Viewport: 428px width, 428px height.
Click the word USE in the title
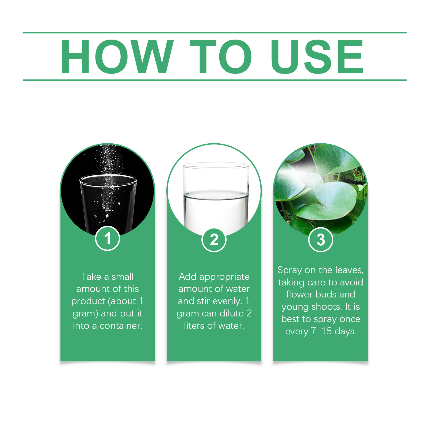[317, 56]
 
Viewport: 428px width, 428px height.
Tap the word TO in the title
[221, 56]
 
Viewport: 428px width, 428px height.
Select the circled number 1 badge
[108, 238]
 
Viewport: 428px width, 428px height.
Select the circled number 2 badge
[214, 240]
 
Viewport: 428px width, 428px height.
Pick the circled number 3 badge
[321, 240]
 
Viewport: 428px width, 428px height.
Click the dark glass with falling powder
[108, 202]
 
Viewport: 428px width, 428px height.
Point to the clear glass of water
[216, 195]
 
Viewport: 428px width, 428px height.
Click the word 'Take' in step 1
[91, 277]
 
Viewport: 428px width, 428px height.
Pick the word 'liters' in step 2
[194, 326]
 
